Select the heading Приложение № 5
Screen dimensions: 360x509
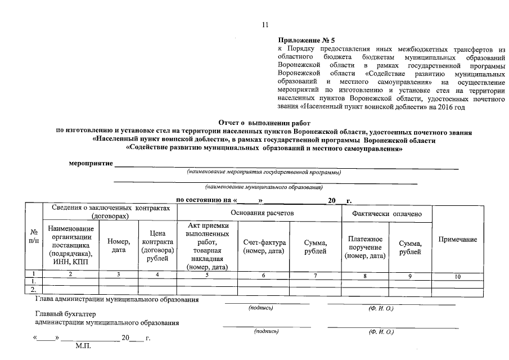[x=306, y=41]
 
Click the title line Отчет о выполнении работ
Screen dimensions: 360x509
[x=264, y=123]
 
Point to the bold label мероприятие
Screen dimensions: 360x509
[x=91, y=164]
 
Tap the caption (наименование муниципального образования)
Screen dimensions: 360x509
[x=264, y=186]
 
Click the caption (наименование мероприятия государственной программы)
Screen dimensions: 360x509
[x=264, y=172]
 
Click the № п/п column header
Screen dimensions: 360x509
[x=34, y=236]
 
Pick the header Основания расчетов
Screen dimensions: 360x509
[x=262, y=212]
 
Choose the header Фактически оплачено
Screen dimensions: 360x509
[x=384, y=214]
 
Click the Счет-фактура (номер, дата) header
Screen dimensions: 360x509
[x=264, y=246]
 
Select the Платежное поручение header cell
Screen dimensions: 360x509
[x=365, y=247]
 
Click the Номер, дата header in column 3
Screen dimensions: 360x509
[x=118, y=245]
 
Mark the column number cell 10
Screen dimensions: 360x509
[x=457, y=276]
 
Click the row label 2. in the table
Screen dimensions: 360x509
[x=34, y=290]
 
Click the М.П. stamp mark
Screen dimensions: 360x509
[x=83, y=348]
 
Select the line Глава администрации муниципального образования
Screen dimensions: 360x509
[x=116, y=300]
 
